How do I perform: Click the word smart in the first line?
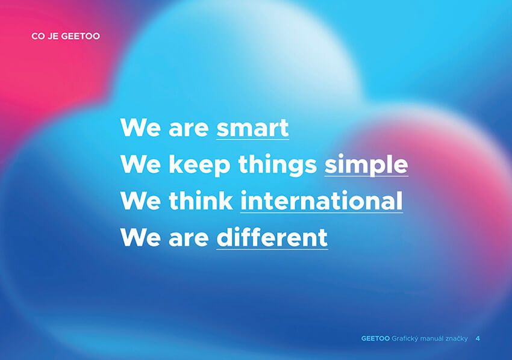pyautogui.click(x=252, y=128)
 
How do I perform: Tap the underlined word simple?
pyautogui.click(x=366, y=164)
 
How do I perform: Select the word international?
pyautogui.click(x=321, y=200)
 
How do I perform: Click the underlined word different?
pyautogui.click(x=272, y=237)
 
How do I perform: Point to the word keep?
pyautogui.click(x=199, y=165)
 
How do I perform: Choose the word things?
pyautogui.click(x=278, y=165)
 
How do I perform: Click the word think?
pyautogui.click(x=201, y=200)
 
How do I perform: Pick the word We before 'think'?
pyautogui.click(x=140, y=200)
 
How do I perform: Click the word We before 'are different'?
pyautogui.click(x=140, y=237)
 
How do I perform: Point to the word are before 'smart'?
pyautogui.click(x=189, y=129)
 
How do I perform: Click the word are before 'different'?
pyautogui.click(x=189, y=239)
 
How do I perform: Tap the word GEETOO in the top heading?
pyautogui.click(x=80, y=36)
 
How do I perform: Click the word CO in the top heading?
pyautogui.click(x=38, y=36)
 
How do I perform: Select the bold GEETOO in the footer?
pyautogui.click(x=375, y=338)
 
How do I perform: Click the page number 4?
pyautogui.click(x=478, y=338)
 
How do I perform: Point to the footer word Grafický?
pyautogui.click(x=405, y=339)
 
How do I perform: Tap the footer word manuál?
pyautogui.click(x=432, y=338)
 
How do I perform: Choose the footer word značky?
pyautogui.click(x=457, y=339)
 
